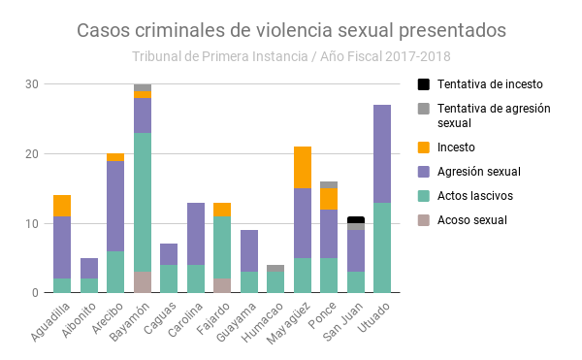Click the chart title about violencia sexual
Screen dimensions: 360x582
(x=291, y=30)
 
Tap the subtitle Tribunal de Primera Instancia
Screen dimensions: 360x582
(x=291, y=56)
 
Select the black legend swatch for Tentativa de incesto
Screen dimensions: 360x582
(x=423, y=84)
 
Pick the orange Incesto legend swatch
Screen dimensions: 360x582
(x=423, y=147)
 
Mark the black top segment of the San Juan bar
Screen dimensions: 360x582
(x=356, y=219)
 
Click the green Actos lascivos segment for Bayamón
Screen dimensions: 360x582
(x=143, y=202)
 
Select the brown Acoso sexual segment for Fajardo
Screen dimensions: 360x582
(x=222, y=285)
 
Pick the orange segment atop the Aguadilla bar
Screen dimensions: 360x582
(x=62, y=206)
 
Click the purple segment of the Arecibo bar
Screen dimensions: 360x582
(x=115, y=206)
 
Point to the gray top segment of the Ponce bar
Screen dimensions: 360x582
(x=329, y=184)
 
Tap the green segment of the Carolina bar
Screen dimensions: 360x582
(x=195, y=278)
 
